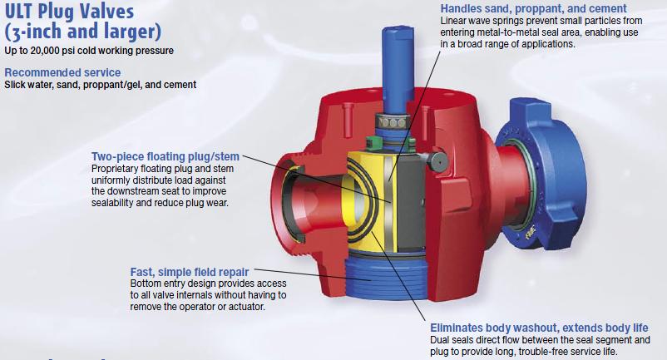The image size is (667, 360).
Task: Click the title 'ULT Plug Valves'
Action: pos(69,11)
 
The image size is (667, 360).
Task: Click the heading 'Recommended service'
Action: pos(62,72)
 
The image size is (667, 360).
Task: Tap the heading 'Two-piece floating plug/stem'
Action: pos(166,156)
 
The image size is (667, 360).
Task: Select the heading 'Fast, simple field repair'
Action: pos(190,272)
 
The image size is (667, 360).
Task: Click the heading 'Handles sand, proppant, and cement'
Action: pos(533,8)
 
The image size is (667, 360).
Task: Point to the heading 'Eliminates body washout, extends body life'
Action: pos(539,328)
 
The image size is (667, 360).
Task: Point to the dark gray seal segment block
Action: pos(411,200)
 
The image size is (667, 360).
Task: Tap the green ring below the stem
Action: pos(374,144)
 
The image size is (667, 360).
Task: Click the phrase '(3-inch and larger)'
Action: pos(83,32)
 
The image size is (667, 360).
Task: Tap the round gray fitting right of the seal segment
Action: pos(437,161)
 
